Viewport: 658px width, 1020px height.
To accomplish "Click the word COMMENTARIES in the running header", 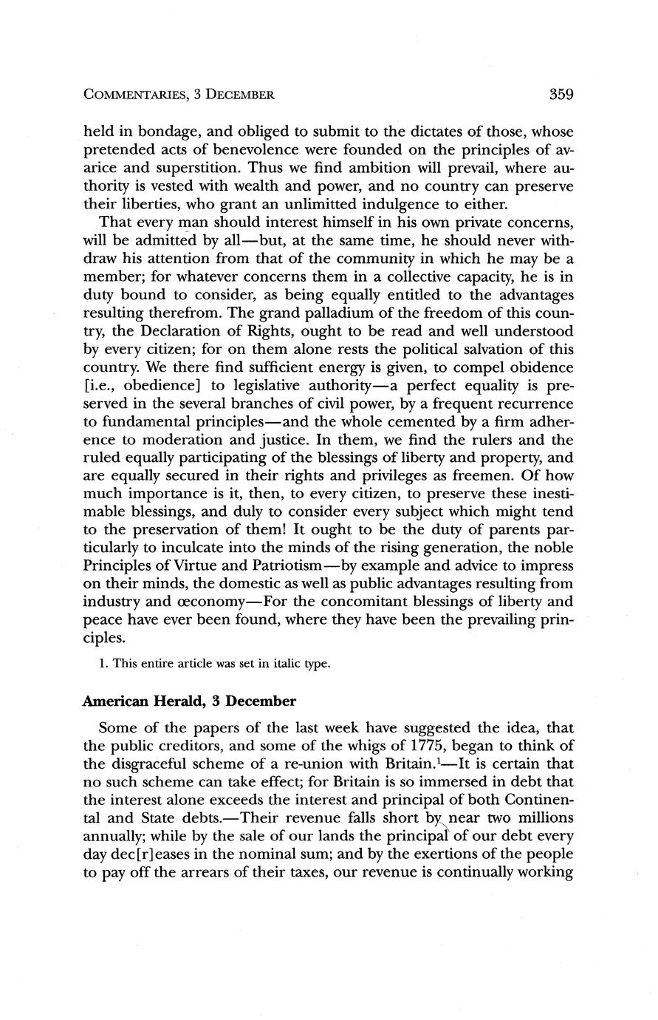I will click(x=135, y=95).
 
